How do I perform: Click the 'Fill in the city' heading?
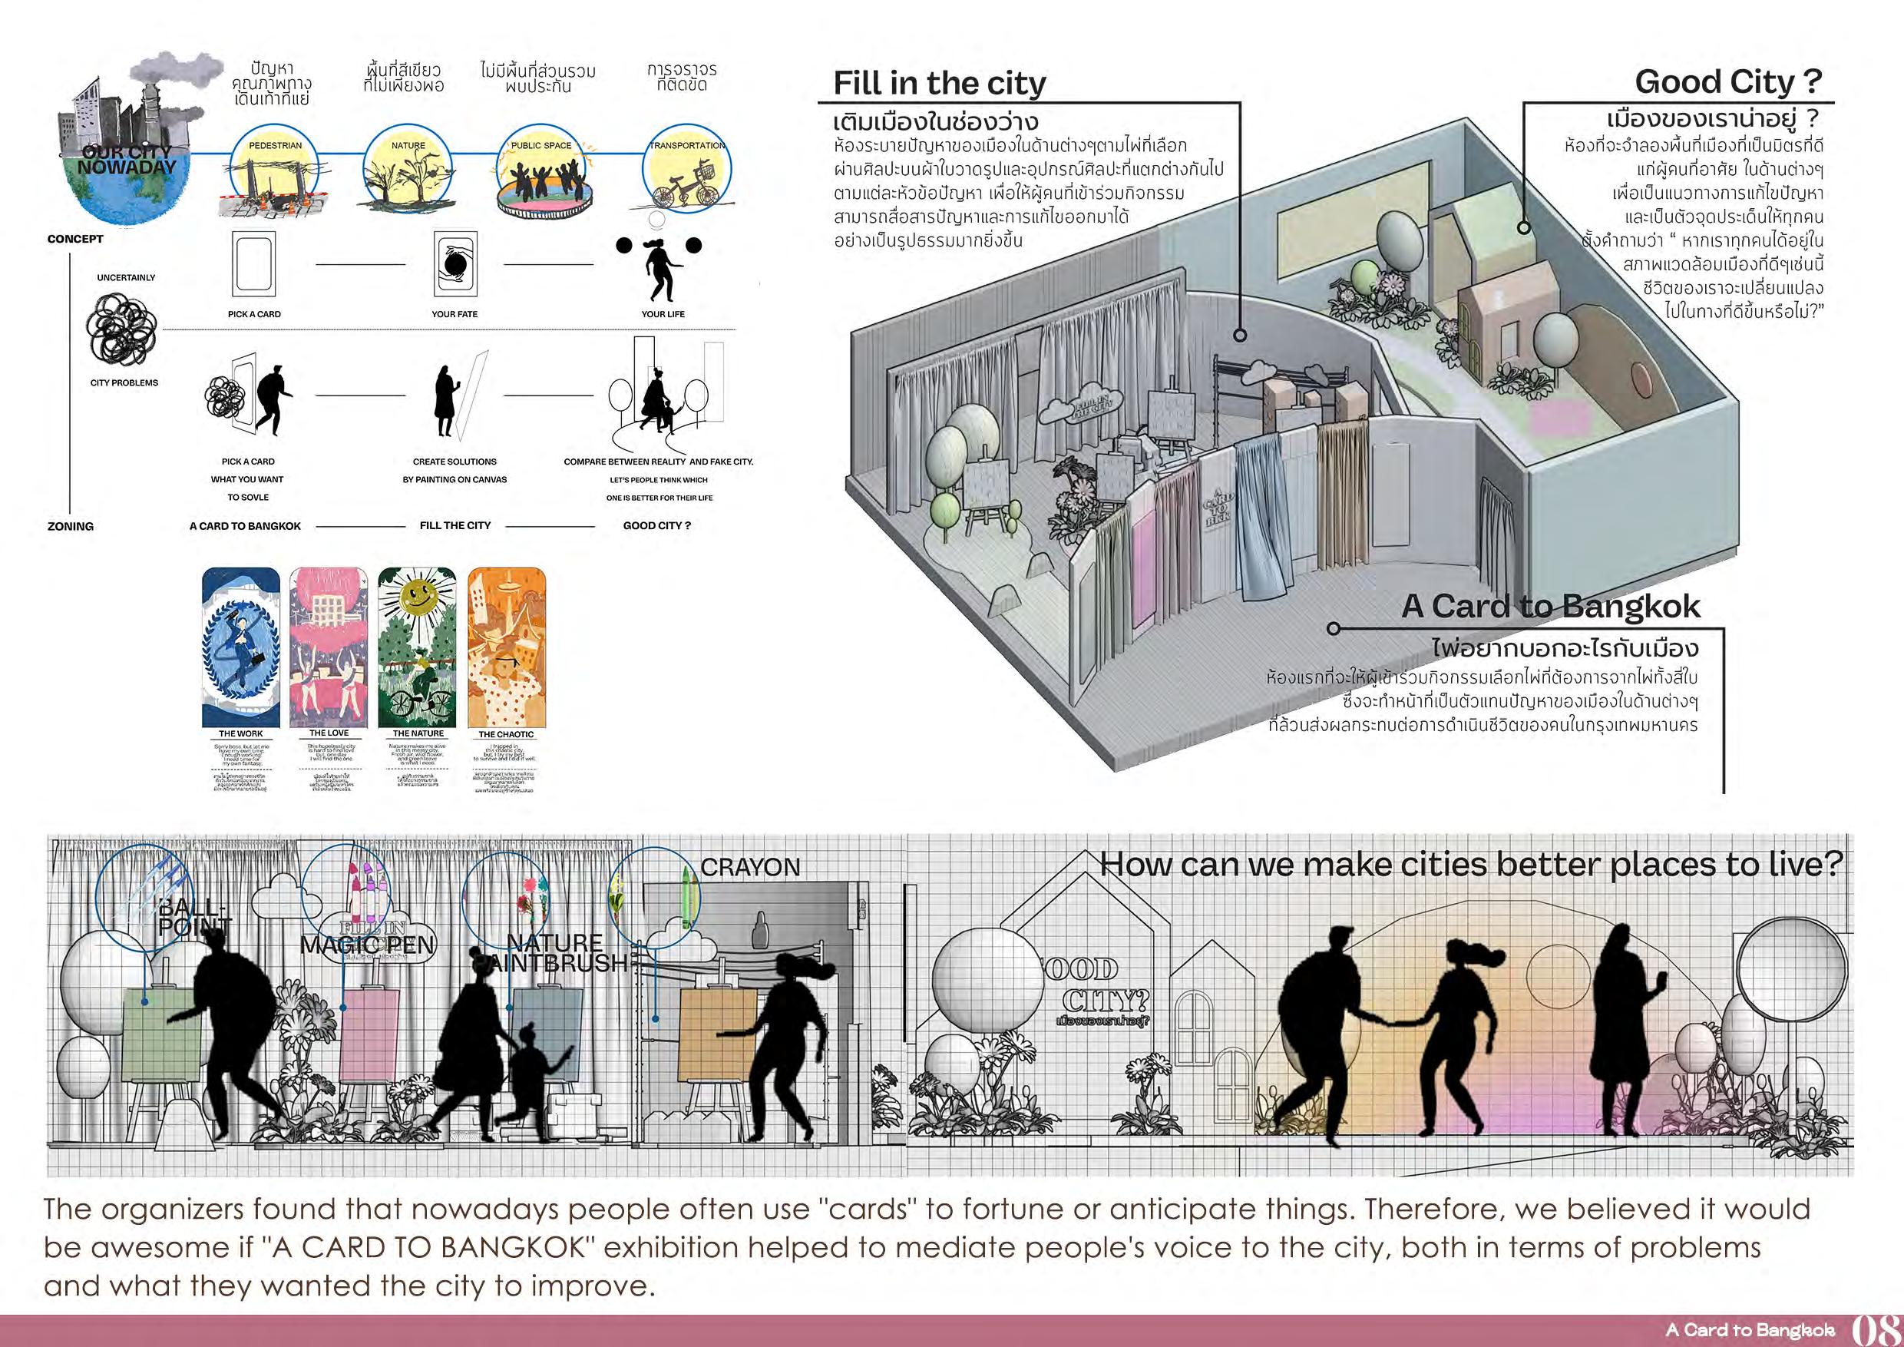click(939, 83)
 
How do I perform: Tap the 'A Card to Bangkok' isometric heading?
click(1550, 607)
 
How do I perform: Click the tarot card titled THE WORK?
click(240, 648)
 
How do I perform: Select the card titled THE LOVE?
click(329, 648)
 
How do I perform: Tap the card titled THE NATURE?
click(417, 648)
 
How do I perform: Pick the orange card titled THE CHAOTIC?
click(506, 648)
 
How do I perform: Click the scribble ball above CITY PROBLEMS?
click(122, 329)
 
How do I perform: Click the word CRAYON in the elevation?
click(749, 868)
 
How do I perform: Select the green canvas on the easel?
click(159, 1035)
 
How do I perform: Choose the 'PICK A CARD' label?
click(254, 314)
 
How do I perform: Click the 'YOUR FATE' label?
click(455, 314)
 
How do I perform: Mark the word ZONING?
click(71, 526)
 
